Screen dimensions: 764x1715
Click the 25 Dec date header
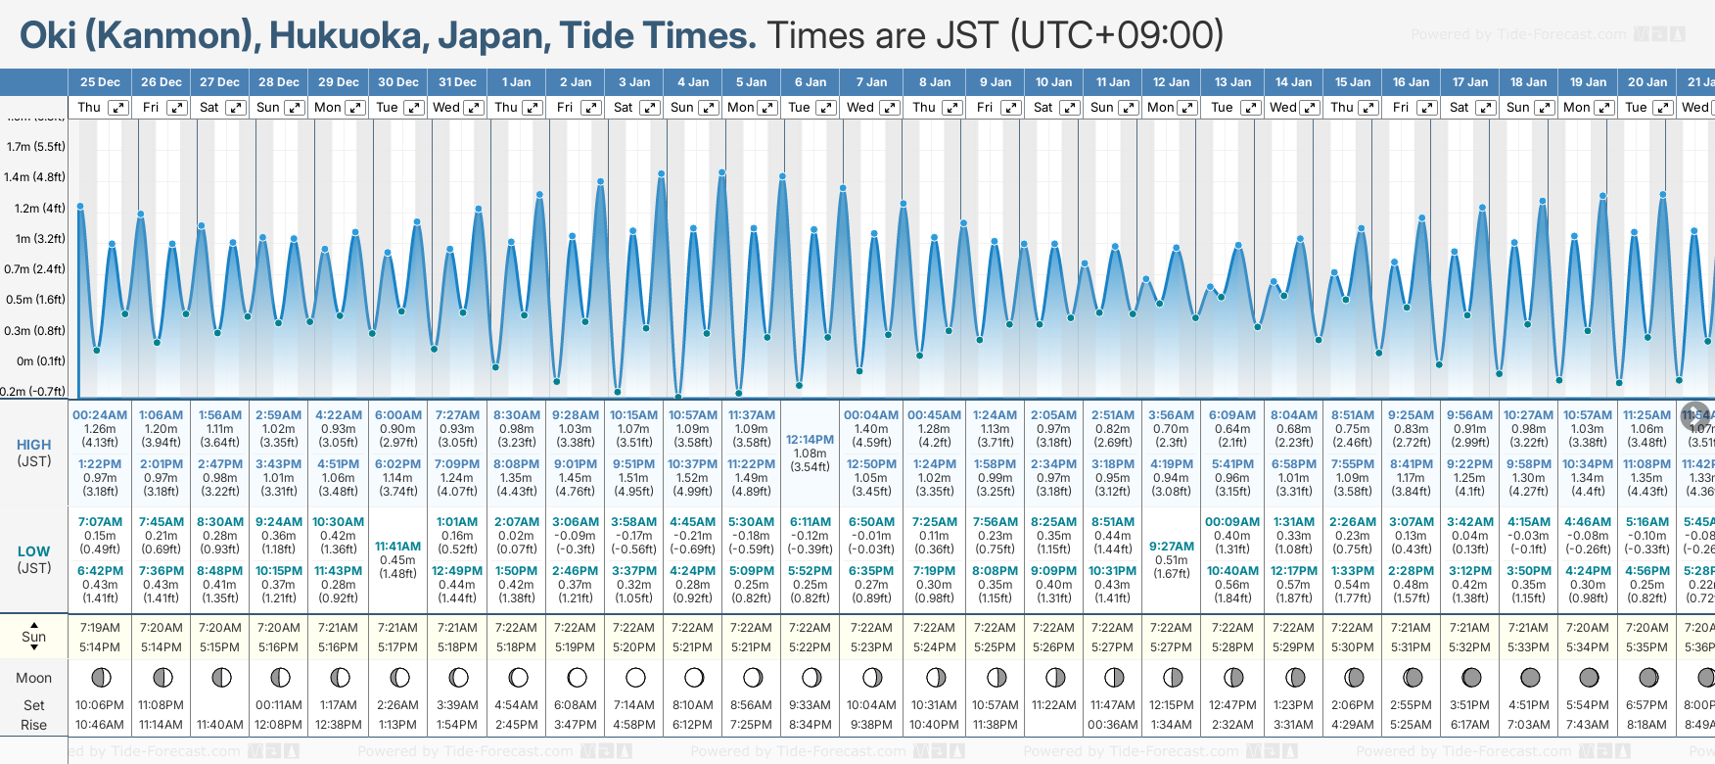pyautogui.click(x=100, y=82)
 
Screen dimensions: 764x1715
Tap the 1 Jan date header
pyautogui.click(x=516, y=82)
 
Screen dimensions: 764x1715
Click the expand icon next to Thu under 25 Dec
pyautogui.click(x=117, y=108)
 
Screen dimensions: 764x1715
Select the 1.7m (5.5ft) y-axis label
pyautogui.click(x=35, y=147)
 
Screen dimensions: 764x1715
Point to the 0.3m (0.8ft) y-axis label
pyautogui.click(x=34, y=330)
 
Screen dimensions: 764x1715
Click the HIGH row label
pyautogui.click(x=33, y=445)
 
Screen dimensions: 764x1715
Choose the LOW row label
pyautogui.click(x=33, y=551)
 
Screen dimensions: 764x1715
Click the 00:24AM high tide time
pyautogui.click(x=100, y=415)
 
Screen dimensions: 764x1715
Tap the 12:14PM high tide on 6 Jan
pyautogui.click(x=810, y=440)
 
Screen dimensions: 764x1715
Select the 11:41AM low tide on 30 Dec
pyautogui.click(x=397, y=547)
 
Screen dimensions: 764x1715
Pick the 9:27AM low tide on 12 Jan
pyautogui.click(x=1171, y=547)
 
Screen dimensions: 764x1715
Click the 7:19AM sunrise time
pyautogui.click(x=100, y=628)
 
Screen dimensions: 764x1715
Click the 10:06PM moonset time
pyautogui.click(x=100, y=705)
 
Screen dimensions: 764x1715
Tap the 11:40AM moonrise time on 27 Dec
pyautogui.click(x=219, y=725)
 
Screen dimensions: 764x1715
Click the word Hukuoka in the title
pyautogui.click(x=346, y=35)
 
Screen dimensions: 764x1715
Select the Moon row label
pyautogui.click(x=33, y=678)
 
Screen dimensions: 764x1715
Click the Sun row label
pyautogui.click(x=33, y=637)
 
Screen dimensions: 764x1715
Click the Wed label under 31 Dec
pyautogui.click(x=446, y=108)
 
